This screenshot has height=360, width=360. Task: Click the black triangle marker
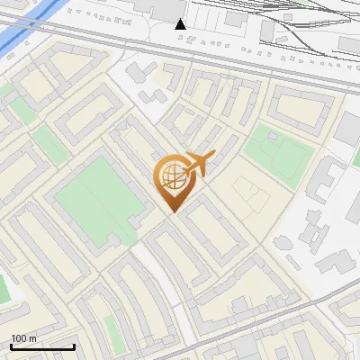coord(181,23)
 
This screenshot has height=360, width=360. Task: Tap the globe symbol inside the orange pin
coord(171,176)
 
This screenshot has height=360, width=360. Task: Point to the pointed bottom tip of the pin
coord(172,212)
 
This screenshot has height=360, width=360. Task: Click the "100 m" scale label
coord(23,338)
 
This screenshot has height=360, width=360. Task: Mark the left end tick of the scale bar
coord(11,346)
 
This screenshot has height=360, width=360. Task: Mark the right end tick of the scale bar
coord(74,346)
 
